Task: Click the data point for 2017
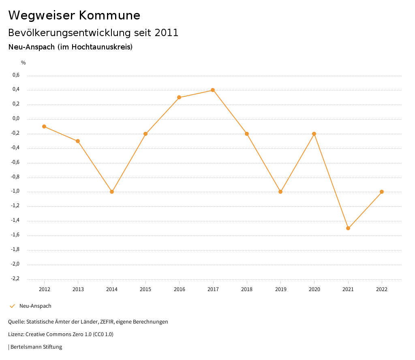[x=213, y=90]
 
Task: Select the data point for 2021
[x=348, y=228]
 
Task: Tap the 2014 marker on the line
[x=112, y=192]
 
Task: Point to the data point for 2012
[x=44, y=126]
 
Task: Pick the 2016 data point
[x=179, y=97]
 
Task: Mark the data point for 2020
[x=314, y=134]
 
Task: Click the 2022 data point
[x=382, y=192]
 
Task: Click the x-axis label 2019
[x=280, y=289]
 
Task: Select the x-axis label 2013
[x=78, y=289]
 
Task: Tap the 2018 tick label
[x=247, y=289]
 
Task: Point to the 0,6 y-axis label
[x=16, y=75]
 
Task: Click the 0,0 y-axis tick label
[x=16, y=119]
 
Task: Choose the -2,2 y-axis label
[x=15, y=279]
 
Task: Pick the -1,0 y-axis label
[x=15, y=191]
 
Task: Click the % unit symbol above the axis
[x=24, y=63]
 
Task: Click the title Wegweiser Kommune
[x=74, y=15]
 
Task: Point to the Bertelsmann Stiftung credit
[x=36, y=347]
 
